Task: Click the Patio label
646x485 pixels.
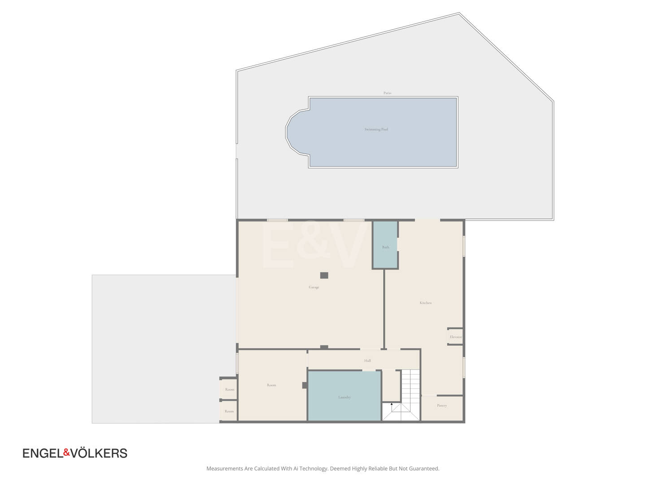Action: point(387,93)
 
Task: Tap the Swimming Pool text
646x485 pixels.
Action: point(376,129)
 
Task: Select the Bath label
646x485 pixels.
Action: point(385,247)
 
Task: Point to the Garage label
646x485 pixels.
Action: point(314,287)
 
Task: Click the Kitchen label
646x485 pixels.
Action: point(426,303)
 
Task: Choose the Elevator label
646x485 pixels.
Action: point(456,337)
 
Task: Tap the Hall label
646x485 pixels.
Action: point(367,361)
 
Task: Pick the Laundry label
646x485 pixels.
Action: point(345,397)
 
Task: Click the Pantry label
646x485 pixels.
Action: point(442,406)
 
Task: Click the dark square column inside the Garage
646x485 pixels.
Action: point(324,275)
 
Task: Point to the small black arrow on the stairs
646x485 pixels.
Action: point(392,404)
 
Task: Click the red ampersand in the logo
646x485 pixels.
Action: point(67,452)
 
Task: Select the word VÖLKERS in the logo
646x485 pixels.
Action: point(99,453)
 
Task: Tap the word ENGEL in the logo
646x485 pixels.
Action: point(43,454)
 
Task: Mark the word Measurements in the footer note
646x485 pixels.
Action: point(225,468)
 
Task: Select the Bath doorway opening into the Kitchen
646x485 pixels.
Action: point(398,244)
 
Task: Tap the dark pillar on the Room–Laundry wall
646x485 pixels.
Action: point(305,385)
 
